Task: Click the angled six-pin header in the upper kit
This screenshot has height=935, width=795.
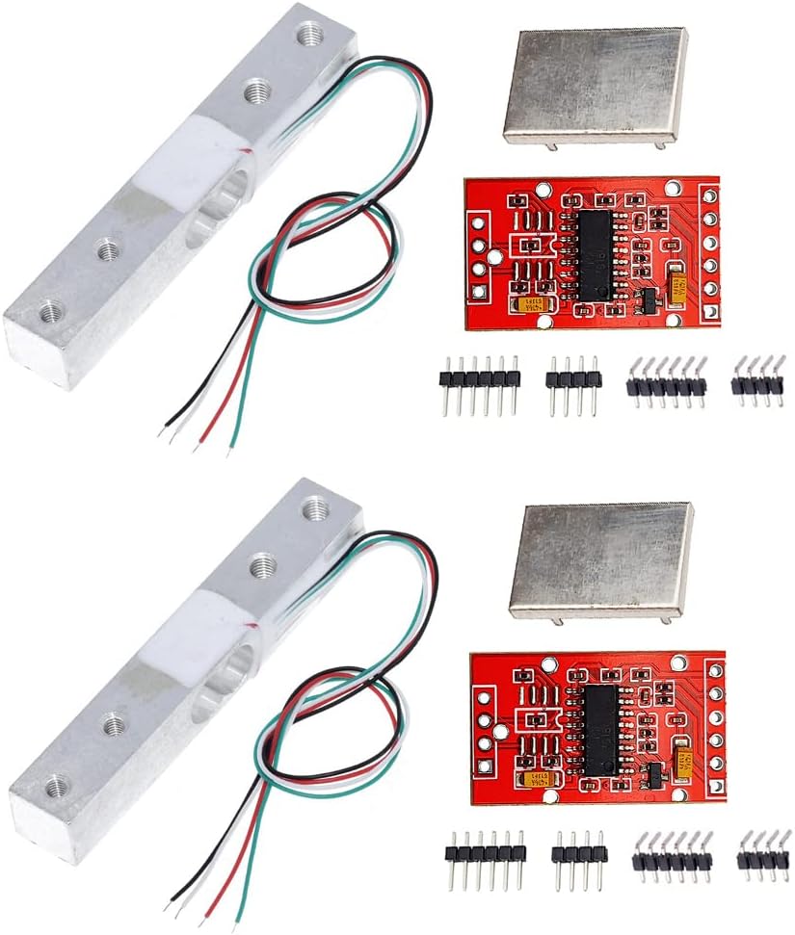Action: pos(666,382)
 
